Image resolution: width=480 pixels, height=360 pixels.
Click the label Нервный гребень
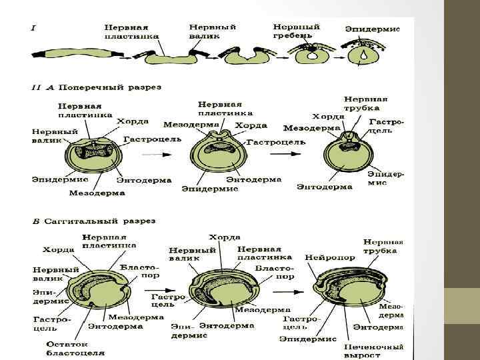coord(296,31)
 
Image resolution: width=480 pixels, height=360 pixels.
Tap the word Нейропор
coord(325,257)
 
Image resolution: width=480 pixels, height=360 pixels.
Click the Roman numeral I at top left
coord(33,27)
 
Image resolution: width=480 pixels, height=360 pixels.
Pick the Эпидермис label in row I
coord(372,29)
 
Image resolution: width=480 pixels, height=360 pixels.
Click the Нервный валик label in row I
coord(213,31)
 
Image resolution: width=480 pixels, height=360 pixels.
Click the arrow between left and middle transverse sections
coord(157,153)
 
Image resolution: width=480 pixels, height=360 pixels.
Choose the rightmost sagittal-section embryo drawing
coord(344,291)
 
